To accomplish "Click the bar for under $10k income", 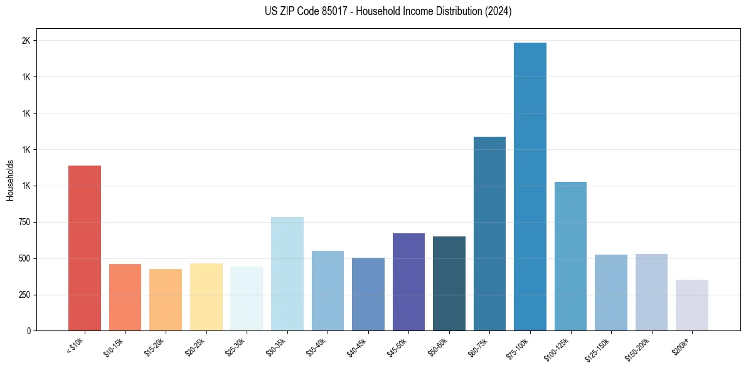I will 85,248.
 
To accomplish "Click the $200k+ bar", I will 692,305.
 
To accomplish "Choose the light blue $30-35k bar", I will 287,273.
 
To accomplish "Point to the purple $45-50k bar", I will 408,282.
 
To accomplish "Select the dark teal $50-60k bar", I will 449,283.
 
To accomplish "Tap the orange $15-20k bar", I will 166,300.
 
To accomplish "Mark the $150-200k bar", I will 651,292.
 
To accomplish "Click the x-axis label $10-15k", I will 114,346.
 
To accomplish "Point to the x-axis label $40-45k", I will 356,346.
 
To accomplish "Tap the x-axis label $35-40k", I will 316,346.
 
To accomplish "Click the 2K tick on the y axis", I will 26,41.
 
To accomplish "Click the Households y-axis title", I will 10,180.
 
